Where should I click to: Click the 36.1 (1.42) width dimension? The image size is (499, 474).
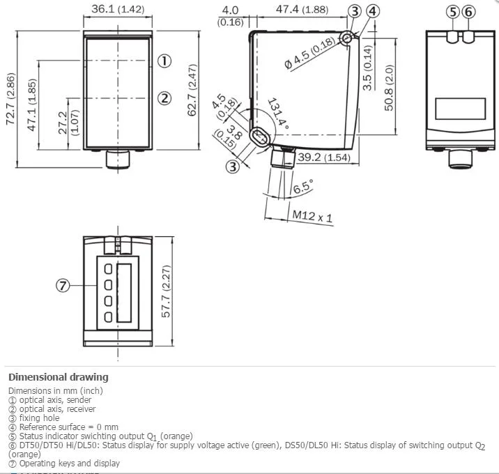(x=118, y=9)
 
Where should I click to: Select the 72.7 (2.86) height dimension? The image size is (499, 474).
(x=10, y=99)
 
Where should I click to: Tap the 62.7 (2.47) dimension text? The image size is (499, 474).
(x=192, y=90)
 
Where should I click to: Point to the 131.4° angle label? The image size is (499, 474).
(x=278, y=114)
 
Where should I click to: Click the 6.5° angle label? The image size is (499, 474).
(x=303, y=186)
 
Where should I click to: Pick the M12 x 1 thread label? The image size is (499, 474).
(x=312, y=216)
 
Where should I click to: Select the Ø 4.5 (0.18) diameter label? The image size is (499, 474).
(x=309, y=52)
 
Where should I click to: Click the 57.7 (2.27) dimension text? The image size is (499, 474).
(x=166, y=291)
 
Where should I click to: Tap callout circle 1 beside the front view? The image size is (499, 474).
(x=164, y=61)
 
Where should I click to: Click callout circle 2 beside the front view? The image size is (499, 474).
(x=164, y=98)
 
